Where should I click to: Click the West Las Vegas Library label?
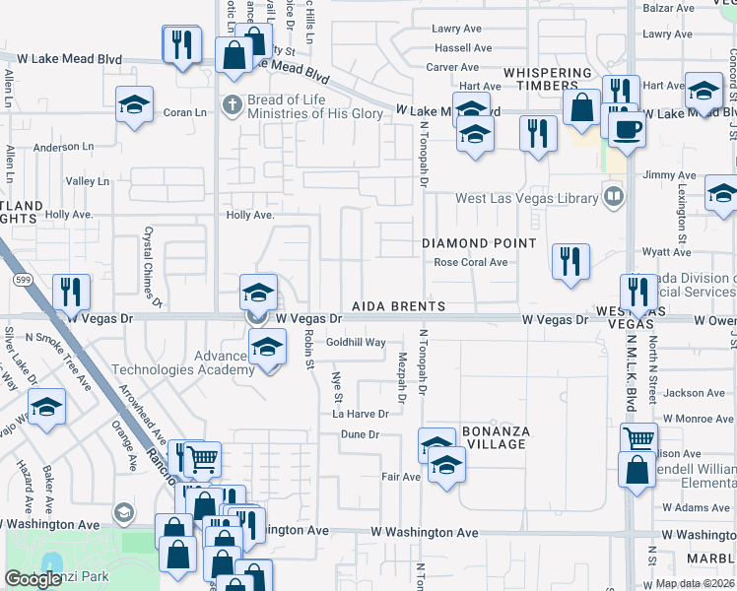527,198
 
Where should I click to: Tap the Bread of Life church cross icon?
232,104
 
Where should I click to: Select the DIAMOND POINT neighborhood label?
480,243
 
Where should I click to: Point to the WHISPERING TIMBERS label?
548,80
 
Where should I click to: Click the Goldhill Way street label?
356,343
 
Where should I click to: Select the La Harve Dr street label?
360,414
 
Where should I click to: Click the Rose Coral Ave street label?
471,262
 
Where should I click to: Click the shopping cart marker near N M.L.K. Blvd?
638,438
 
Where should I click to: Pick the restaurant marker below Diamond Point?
570,261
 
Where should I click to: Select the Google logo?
33,579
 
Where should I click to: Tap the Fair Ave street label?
401,477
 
